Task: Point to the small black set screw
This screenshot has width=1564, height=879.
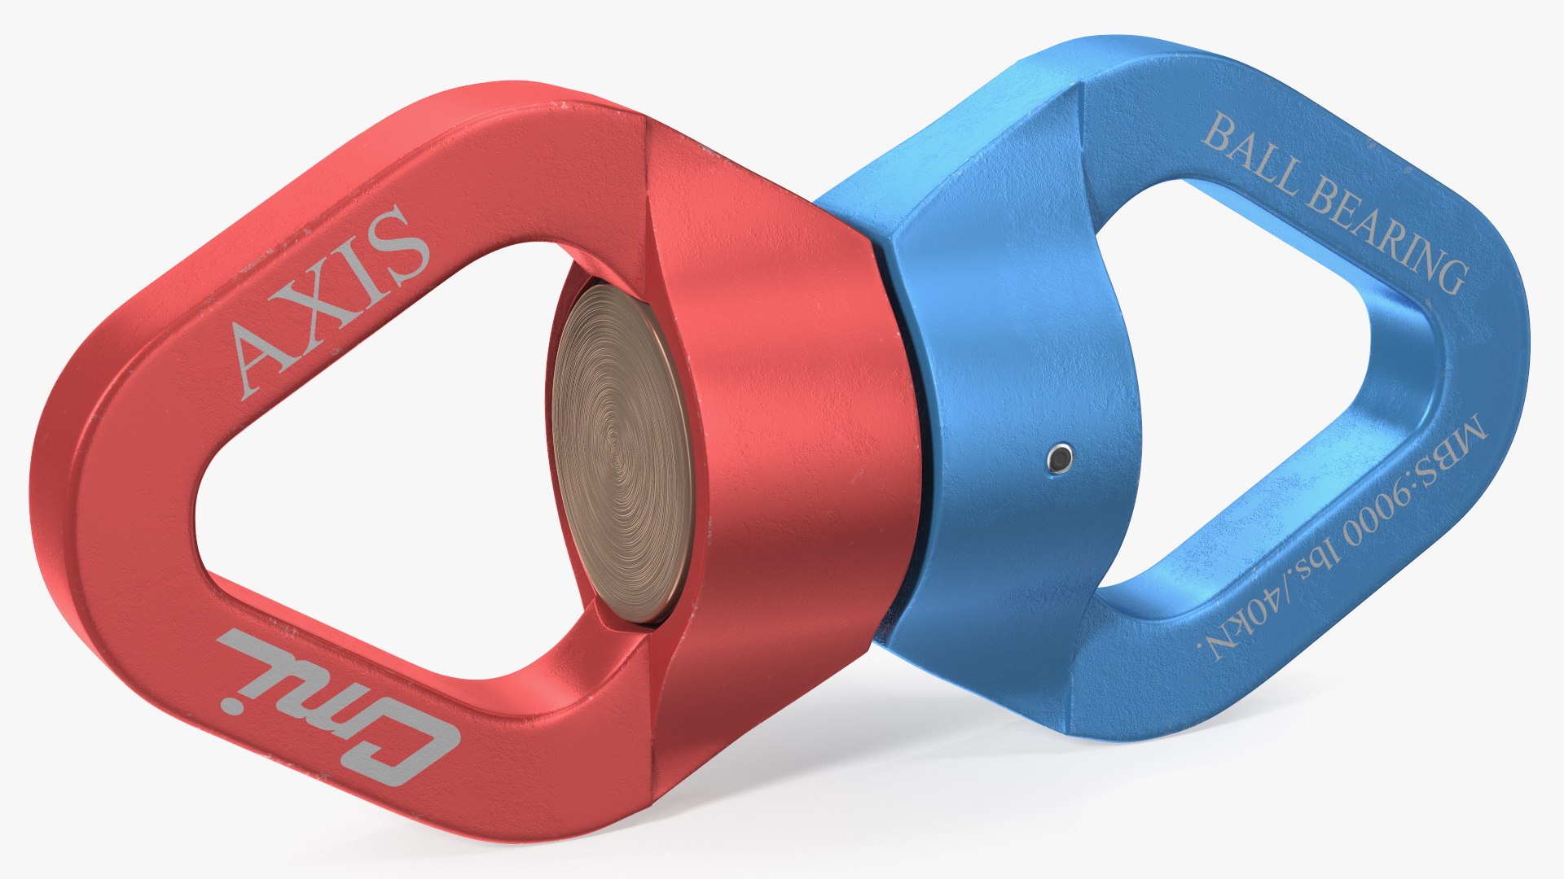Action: click(1060, 460)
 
